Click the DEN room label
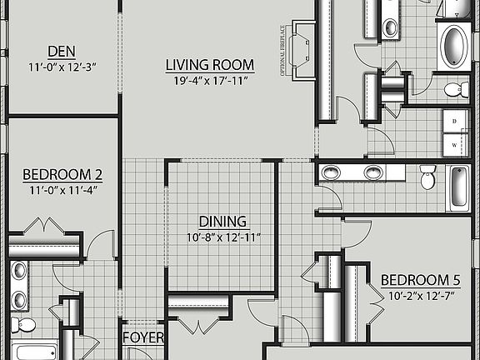pos(62,50)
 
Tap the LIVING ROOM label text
pos(209,65)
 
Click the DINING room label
pos(222,222)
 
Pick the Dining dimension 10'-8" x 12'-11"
pos(222,237)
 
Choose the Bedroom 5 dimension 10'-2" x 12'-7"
pos(421,294)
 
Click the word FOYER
pos(142,338)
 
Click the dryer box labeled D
pos(455,121)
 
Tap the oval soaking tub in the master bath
pos(454,46)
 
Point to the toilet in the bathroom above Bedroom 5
pos(428,177)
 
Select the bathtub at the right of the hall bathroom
pos(460,188)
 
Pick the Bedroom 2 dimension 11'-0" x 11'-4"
pos(62,189)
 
